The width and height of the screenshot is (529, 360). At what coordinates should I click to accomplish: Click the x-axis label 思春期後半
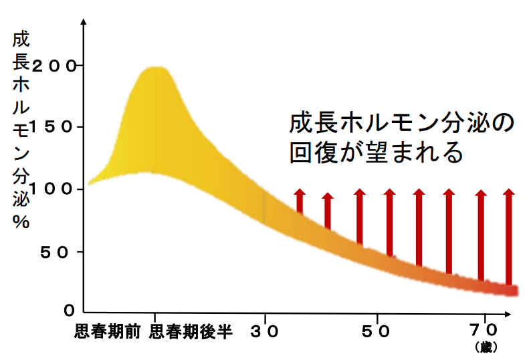tap(190, 332)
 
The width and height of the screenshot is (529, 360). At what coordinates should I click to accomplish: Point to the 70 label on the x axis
tap(484, 330)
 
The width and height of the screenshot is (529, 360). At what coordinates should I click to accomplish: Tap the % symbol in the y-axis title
tap(20, 223)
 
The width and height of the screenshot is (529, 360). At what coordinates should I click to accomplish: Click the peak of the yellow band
tap(158, 68)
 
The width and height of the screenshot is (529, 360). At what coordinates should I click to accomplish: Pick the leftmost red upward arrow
tap(299, 201)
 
